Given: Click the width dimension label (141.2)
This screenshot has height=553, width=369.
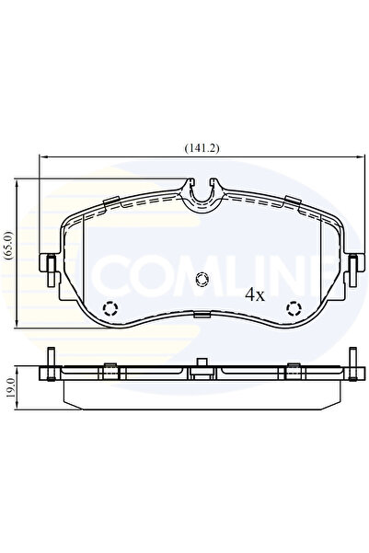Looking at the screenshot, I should pos(196,146).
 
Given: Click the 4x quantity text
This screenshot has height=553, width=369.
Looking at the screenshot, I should pos(255,295).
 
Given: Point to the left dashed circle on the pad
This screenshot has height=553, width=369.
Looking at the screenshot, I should pos(110,308).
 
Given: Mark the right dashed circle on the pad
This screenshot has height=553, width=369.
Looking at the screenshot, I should pos(294,308).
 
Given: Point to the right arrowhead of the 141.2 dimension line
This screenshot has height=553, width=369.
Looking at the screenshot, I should pos(351,157).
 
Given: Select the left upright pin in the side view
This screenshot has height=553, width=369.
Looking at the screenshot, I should pos(50,362).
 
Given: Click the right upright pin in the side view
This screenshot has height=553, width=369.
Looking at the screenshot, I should pos(352,362).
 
